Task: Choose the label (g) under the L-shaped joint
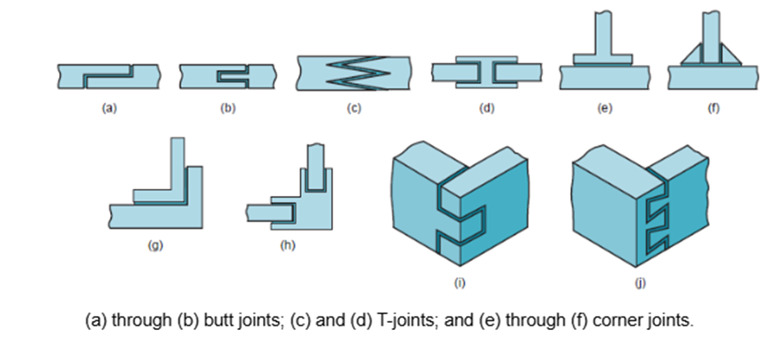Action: tap(155, 245)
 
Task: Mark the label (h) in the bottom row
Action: tap(286, 245)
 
